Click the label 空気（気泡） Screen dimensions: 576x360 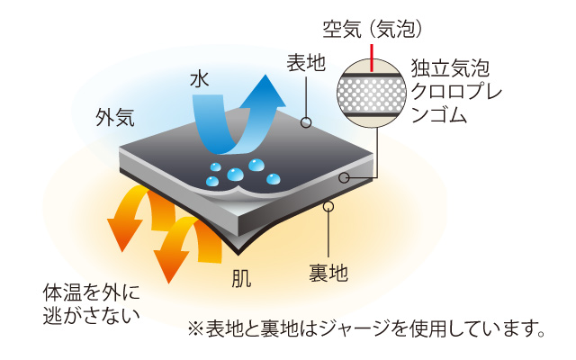click(x=373, y=29)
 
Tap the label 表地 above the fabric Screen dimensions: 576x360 click(x=306, y=63)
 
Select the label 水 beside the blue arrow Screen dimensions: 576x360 click(x=200, y=79)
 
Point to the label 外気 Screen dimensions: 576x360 click(x=115, y=118)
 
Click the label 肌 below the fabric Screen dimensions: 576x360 click(x=242, y=278)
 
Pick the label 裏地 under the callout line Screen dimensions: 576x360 click(x=328, y=273)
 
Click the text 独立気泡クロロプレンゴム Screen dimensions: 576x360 click(x=456, y=92)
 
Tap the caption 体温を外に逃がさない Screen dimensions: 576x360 click(x=92, y=304)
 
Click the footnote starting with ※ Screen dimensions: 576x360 click(x=366, y=328)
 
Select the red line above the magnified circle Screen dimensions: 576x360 click(x=372, y=58)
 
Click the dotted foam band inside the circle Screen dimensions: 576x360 click(x=372, y=94)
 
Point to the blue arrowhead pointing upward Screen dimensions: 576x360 click(x=263, y=93)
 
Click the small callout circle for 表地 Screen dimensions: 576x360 click(x=306, y=122)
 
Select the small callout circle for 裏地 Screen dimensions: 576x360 click(x=328, y=206)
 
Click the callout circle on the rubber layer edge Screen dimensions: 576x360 click(x=344, y=178)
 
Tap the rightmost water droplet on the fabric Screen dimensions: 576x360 click(x=273, y=179)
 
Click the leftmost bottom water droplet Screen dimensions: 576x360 click(x=212, y=181)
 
